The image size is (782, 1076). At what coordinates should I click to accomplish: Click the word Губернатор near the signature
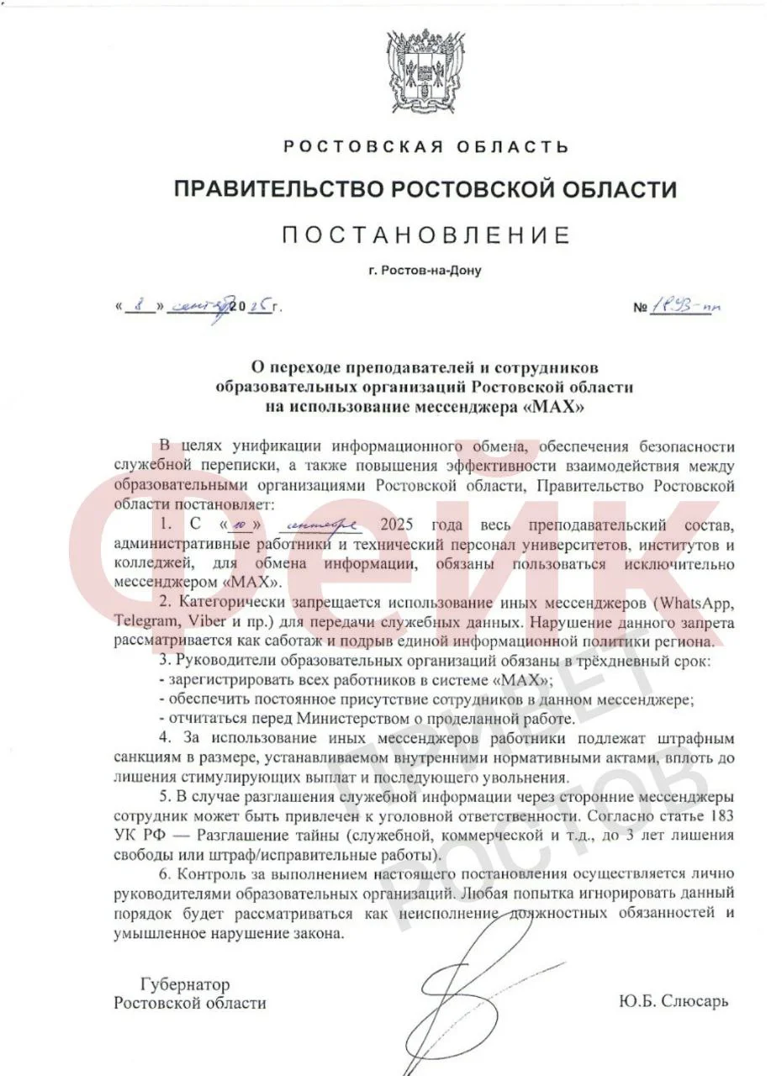pos(185,984)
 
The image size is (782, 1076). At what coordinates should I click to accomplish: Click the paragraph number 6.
pos(163,874)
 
